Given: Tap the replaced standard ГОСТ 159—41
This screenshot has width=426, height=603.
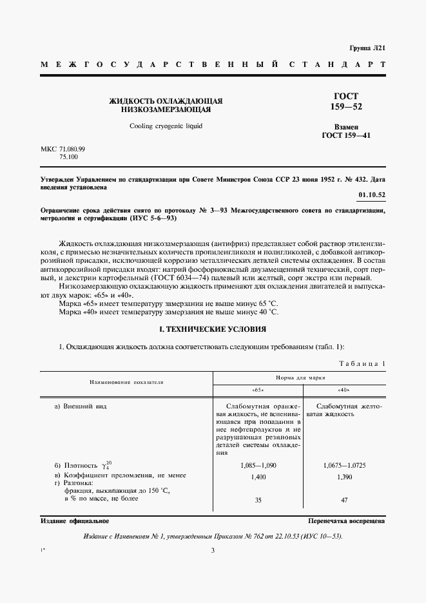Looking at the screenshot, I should (346, 136).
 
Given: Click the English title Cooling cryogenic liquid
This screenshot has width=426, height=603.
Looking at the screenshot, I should (166, 126).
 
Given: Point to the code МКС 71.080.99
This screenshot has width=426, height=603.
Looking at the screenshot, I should (63, 148).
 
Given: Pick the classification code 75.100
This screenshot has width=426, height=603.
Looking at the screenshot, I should (68, 156).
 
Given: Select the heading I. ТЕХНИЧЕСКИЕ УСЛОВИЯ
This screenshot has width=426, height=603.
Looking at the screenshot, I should (213, 329).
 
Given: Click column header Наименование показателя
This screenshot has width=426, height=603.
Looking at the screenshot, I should (127, 382).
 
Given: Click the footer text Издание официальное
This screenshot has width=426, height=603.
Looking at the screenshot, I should (75, 521).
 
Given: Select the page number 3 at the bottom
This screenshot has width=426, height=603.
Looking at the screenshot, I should (213, 550).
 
